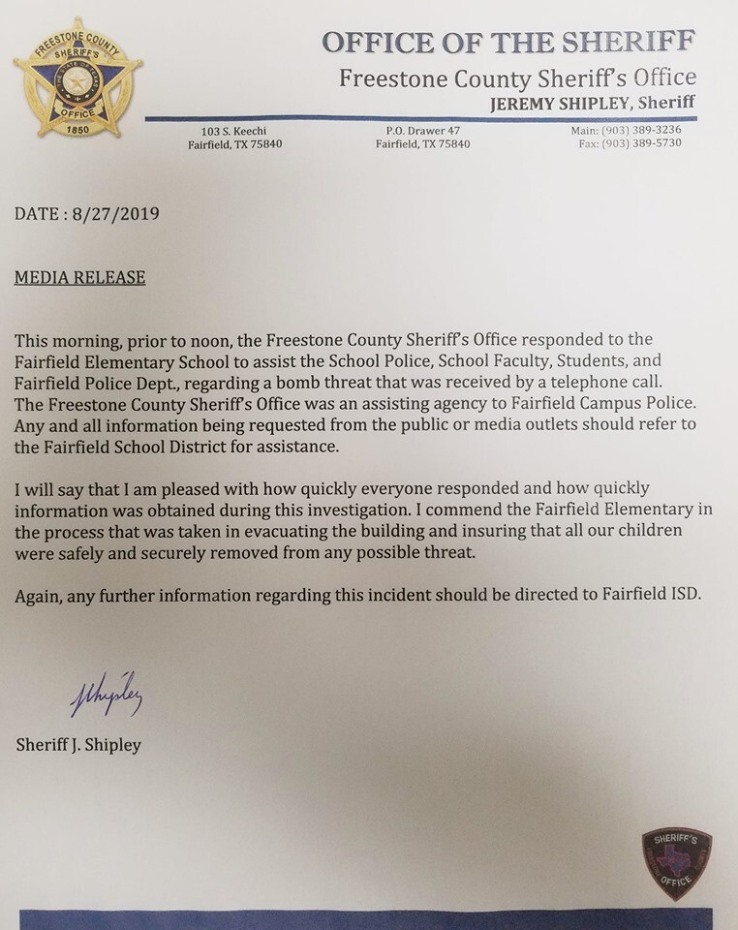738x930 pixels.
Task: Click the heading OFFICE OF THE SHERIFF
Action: click(507, 44)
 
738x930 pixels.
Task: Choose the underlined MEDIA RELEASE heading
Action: click(79, 278)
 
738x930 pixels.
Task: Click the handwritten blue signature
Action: click(107, 696)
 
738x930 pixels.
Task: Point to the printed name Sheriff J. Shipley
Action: click(79, 745)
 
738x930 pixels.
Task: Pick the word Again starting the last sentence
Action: click(38, 595)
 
